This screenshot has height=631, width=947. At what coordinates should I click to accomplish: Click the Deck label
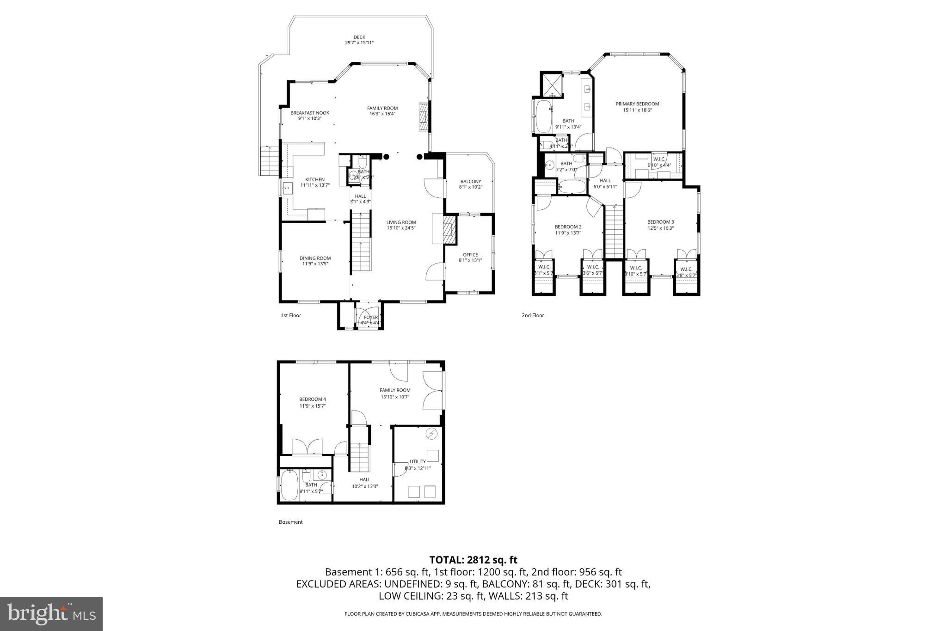coord(359,37)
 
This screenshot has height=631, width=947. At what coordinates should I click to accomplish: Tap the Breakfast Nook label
coord(310,113)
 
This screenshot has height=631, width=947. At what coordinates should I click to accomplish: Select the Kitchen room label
coord(314,179)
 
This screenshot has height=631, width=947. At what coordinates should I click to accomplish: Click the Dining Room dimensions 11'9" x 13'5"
coord(316,264)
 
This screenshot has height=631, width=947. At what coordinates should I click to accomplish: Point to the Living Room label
coord(401,222)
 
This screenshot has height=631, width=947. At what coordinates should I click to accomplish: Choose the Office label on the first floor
coord(470,255)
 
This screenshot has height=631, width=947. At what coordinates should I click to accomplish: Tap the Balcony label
coord(470,181)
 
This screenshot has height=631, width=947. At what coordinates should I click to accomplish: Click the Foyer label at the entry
coord(370,318)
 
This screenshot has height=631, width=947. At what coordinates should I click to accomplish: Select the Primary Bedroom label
coord(637,104)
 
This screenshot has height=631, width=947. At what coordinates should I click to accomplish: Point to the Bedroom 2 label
coord(568,227)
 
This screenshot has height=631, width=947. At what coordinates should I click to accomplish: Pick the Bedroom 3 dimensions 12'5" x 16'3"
coord(660,228)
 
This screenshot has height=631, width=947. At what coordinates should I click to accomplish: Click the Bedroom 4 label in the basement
coord(313,399)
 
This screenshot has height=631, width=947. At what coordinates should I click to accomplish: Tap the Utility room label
coord(417,461)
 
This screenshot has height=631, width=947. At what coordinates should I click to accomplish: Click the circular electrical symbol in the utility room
coord(431,434)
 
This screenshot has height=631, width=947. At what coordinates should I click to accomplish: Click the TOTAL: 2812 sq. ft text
coord(473,560)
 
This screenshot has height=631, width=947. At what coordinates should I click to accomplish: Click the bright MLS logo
coord(51,614)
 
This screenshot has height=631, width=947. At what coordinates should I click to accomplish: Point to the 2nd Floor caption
coord(533,315)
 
